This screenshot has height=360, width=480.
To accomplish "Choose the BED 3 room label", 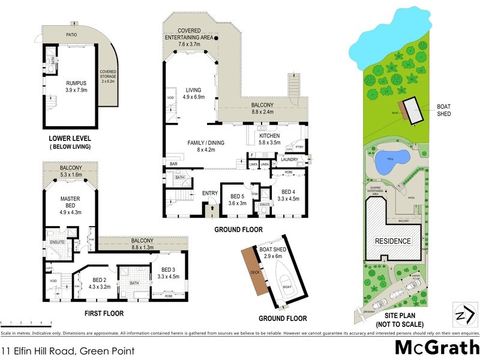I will coord(166,269).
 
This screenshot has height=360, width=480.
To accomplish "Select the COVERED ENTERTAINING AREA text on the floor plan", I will coord(190,34).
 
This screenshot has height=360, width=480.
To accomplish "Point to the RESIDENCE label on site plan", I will coord(393,241).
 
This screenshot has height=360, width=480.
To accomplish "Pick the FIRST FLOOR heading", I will coord(104,313).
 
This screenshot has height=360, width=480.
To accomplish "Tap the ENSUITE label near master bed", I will coord(57,242).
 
